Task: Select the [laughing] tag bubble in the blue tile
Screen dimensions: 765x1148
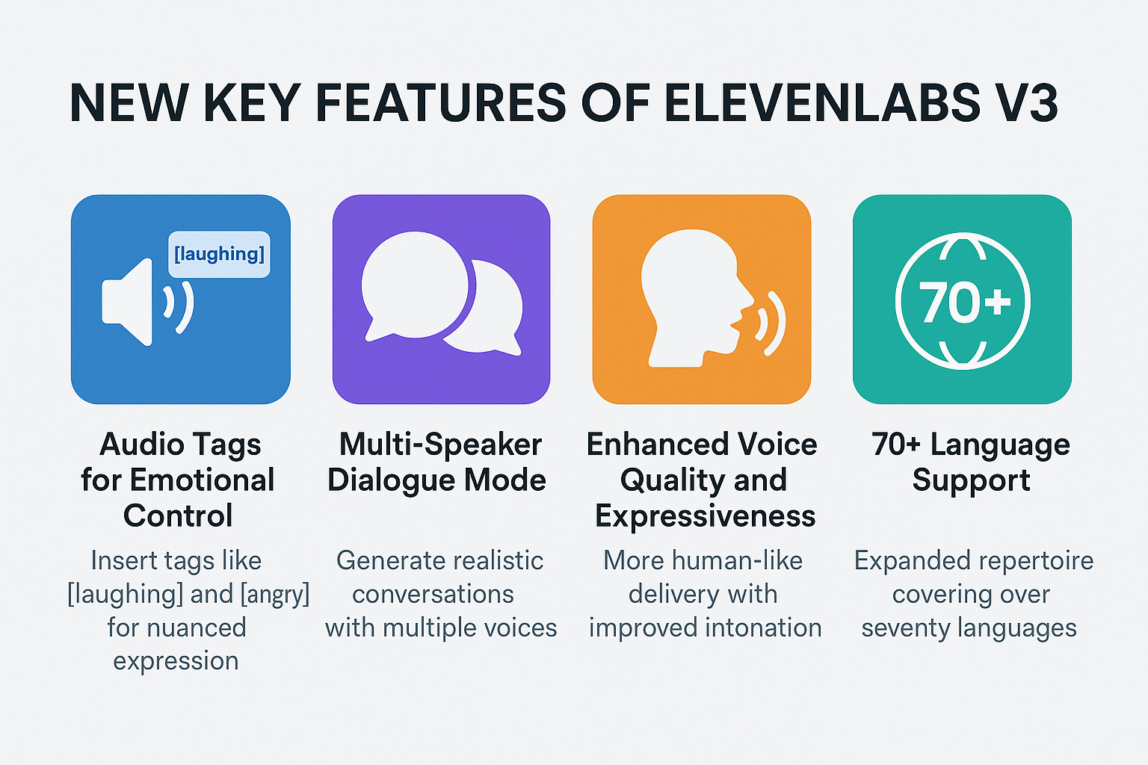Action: click(x=219, y=254)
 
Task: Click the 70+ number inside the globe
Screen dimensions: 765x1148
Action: click(x=964, y=303)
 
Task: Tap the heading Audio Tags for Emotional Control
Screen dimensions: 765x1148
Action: click(x=179, y=480)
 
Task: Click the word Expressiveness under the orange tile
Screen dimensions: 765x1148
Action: click(x=705, y=516)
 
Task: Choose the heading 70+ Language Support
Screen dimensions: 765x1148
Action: click(x=971, y=462)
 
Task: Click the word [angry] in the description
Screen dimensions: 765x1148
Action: click(x=274, y=595)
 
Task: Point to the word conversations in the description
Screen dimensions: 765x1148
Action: click(x=433, y=595)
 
